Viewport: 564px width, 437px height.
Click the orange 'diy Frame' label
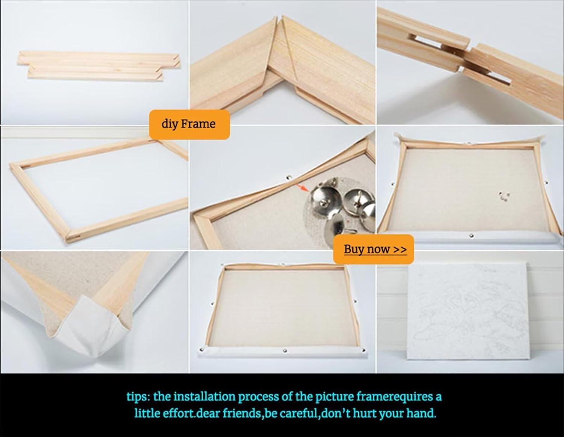tap(189, 124)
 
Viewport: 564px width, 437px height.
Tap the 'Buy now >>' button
tap(373, 249)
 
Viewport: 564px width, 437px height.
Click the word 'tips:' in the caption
tap(138, 397)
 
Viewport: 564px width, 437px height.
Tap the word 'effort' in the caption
tap(179, 413)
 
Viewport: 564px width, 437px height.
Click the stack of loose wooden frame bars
tap(99, 66)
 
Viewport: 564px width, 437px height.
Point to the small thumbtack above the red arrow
tap(289, 178)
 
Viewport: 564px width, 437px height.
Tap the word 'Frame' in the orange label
tap(198, 124)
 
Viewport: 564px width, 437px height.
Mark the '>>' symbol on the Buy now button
tap(400, 249)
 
